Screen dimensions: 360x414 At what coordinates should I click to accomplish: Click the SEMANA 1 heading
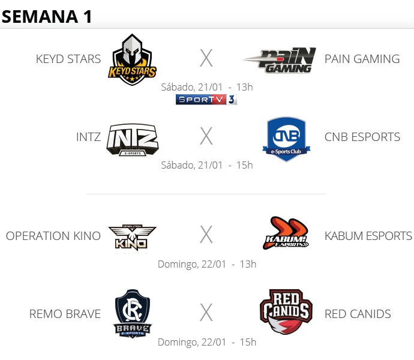pos(47,16)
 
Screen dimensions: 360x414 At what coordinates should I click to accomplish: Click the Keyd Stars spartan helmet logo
pos(132,59)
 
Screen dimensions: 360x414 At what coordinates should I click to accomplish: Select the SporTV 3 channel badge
pos(206,100)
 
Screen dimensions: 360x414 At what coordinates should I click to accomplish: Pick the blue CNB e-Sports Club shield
pos(286,139)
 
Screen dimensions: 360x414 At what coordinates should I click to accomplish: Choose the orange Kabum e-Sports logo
pos(286,233)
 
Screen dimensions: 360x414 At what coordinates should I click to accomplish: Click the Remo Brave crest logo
pos(132,314)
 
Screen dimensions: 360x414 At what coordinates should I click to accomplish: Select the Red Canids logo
pos(286,312)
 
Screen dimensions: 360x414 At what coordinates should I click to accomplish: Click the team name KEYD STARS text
pos(68,59)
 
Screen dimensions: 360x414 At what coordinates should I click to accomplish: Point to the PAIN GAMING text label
pos(362,59)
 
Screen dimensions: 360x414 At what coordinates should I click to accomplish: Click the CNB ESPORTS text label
pos(362,137)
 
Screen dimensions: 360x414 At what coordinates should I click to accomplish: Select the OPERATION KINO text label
pos(53,236)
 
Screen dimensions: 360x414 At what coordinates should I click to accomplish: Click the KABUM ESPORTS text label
pos(368,236)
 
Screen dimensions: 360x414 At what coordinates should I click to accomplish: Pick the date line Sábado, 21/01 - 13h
pos(206,87)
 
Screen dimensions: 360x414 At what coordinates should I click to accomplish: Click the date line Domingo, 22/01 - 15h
pos(206,342)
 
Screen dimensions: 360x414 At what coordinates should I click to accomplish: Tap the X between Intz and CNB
pos(206,137)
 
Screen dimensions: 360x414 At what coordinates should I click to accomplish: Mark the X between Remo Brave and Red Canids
pos(206,313)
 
